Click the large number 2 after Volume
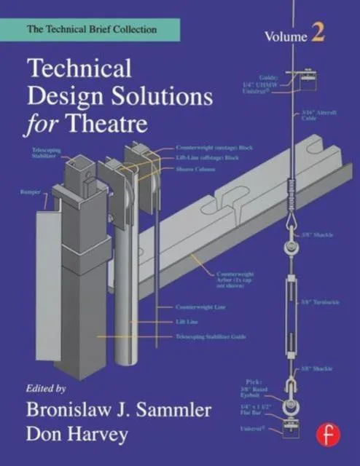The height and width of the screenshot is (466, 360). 319,32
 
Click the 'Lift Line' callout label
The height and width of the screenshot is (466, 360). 187,321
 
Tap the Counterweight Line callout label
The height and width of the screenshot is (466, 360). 198,307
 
